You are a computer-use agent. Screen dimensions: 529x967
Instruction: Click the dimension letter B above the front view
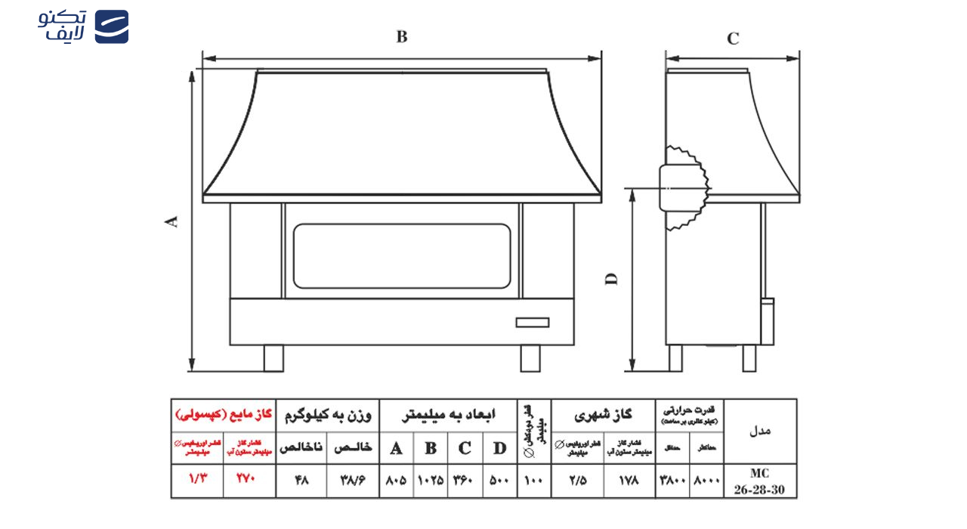tap(402, 37)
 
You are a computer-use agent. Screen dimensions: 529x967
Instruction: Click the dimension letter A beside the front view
tap(172, 221)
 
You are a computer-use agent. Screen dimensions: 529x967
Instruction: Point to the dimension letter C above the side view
tap(733, 39)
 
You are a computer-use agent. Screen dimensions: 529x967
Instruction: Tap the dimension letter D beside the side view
tap(612, 278)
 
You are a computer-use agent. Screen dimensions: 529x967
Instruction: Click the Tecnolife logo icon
tap(111, 26)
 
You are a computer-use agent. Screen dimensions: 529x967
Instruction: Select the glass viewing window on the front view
tap(402, 255)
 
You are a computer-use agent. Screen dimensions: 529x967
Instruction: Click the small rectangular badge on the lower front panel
tap(532, 323)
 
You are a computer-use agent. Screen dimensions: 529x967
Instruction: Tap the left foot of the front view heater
tap(273, 358)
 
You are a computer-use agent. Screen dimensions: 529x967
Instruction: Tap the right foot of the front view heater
tap(530, 358)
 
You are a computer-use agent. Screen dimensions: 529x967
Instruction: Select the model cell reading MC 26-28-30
tap(760, 481)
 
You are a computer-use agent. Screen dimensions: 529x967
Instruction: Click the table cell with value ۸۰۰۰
tap(706, 481)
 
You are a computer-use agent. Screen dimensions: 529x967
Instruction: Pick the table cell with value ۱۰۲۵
tap(431, 481)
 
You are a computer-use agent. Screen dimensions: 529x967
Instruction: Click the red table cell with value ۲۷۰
tap(249, 481)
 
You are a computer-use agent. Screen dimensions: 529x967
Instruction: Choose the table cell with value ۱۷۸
tap(629, 481)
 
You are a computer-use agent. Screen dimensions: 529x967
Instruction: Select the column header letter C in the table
tap(465, 448)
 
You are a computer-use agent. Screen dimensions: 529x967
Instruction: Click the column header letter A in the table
tap(396, 448)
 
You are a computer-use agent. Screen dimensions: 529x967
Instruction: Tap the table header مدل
tap(760, 431)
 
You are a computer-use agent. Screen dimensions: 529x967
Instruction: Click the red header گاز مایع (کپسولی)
tap(223, 415)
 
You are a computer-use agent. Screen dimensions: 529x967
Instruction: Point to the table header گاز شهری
tap(603, 415)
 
